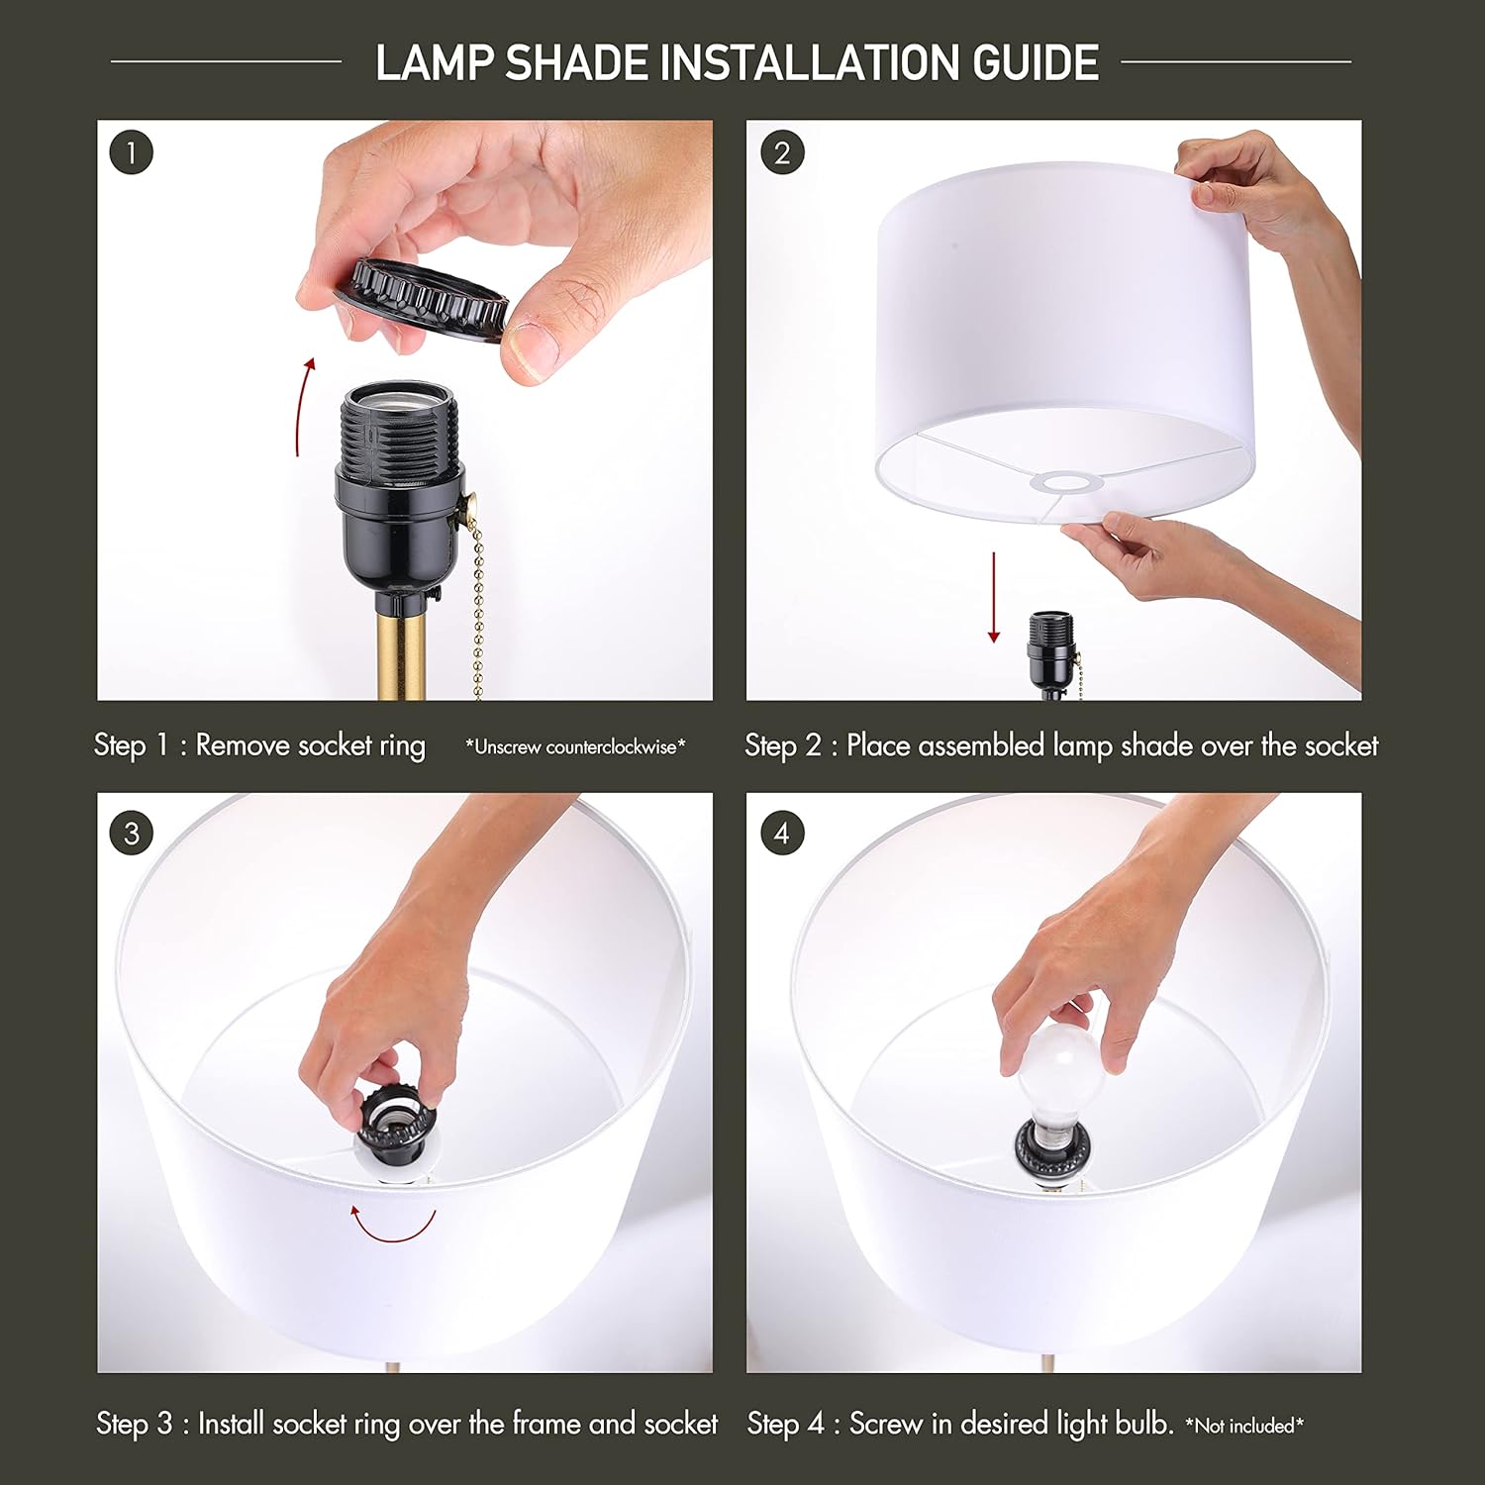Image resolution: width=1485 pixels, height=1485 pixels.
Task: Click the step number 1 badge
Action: pos(132,153)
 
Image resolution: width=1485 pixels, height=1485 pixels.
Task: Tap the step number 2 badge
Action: pos(782,153)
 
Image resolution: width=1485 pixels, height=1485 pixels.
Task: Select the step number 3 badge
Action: pos(132,834)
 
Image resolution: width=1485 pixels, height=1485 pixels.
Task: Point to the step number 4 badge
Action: pos(782,834)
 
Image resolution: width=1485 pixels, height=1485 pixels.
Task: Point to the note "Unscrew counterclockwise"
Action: pos(575,747)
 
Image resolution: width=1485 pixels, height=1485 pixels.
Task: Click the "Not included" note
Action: pos(1244,1426)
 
